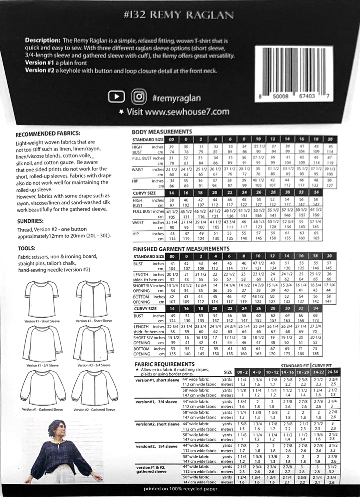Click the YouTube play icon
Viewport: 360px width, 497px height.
click(117, 97)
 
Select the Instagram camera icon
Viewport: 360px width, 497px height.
click(139, 97)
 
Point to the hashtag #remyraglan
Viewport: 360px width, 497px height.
click(176, 98)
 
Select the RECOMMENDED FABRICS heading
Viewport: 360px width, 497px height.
click(48, 134)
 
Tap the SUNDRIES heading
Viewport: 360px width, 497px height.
click(30, 221)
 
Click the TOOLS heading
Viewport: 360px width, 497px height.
click(26, 248)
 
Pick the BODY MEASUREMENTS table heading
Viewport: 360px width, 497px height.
click(162, 132)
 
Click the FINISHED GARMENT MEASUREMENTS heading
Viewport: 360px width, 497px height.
click(181, 249)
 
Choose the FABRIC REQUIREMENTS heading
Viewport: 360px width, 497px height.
click(164, 364)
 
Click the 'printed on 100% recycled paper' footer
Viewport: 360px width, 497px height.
click(180, 489)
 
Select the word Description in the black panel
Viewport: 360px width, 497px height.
click(42, 40)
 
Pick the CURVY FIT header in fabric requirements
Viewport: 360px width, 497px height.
click(322, 366)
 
